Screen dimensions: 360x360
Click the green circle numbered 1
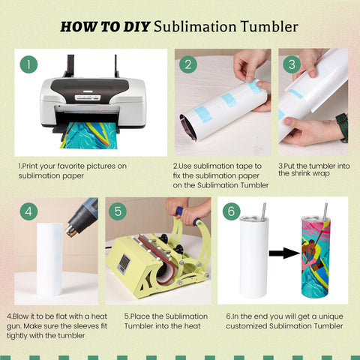(x=28, y=64)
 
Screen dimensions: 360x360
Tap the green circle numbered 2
(x=188, y=64)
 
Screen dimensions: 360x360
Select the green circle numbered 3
(x=292, y=64)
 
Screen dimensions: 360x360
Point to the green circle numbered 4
(x=28, y=211)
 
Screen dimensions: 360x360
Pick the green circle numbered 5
(x=118, y=211)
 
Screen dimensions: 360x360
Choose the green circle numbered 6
(x=231, y=211)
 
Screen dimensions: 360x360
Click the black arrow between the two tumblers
(x=284, y=253)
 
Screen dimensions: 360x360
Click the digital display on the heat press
(x=124, y=263)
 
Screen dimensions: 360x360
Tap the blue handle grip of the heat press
(x=188, y=216)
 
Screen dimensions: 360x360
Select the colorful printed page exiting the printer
(x=88, y=136)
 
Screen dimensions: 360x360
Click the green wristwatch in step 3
(x=342, y=127)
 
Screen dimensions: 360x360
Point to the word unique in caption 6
(x=330, y=317)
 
